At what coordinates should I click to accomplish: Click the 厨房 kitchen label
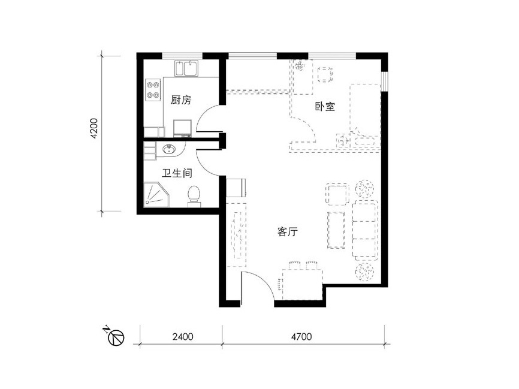point(181,99)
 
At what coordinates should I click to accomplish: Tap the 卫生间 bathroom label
point(177,173)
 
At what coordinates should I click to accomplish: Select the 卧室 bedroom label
point(325,106)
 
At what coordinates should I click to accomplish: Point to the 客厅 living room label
point(287,231)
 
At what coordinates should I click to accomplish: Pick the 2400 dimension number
point(183,337)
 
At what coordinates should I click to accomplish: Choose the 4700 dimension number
point(301,337)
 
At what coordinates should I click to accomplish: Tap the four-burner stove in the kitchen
point(153,90)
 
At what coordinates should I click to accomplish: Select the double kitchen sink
point(186,68)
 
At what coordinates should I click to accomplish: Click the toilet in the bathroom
point(194,196)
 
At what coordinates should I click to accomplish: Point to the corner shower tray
point(156,195)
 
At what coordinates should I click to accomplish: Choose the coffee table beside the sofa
point(336,230)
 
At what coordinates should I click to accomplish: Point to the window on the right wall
point(384,82)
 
